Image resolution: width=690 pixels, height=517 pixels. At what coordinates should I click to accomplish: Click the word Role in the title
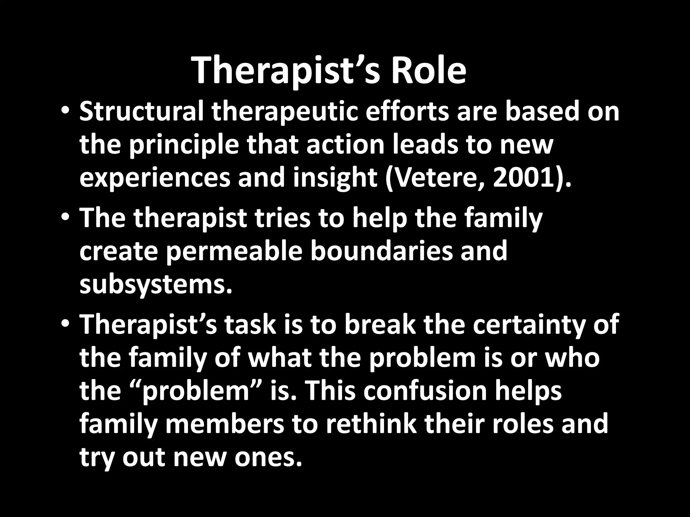pos(428,71)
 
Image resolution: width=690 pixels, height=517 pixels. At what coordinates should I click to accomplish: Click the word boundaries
pos(381,251)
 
